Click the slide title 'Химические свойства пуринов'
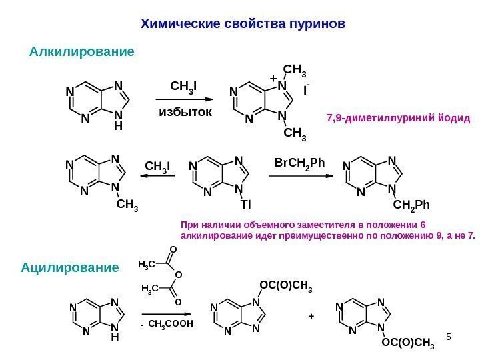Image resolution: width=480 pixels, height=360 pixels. click(243, 25)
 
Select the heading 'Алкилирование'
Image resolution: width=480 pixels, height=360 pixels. click(82, 51)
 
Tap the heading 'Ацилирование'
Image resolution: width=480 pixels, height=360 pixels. click(69, 268)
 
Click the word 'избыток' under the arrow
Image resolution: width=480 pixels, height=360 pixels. click(185, 112)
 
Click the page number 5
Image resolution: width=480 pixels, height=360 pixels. click(449, 337)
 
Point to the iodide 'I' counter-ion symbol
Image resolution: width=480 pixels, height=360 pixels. click(305, 88)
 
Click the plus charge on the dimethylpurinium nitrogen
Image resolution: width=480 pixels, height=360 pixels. click(273, 79)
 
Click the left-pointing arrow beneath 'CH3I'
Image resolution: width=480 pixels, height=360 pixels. click(157, 176)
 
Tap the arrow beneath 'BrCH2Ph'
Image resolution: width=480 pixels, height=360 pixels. click(300, 176)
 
